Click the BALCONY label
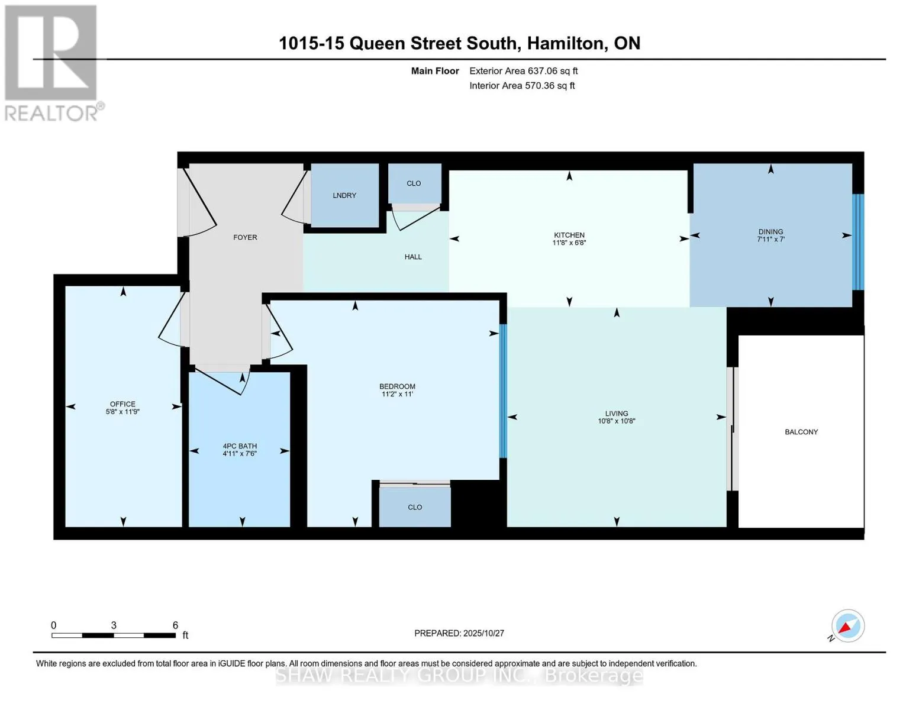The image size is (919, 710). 801,432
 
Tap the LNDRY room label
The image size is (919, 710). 344,195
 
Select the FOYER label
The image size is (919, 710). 245,237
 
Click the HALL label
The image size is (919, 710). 413,257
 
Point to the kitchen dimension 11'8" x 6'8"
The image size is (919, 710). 569,243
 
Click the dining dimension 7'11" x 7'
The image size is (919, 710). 770,240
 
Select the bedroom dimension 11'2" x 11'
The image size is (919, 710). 397,394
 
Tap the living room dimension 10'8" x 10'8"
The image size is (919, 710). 616,421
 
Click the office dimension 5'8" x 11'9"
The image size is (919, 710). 122,412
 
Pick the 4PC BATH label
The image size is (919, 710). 240,446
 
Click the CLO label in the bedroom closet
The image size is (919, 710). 415,507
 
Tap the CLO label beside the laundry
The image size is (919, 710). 414,183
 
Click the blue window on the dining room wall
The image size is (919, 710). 857,242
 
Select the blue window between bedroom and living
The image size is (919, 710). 503,391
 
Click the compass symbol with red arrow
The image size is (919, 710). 847,626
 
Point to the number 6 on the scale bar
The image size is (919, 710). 175,625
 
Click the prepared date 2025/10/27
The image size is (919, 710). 483,633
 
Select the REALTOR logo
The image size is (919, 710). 52,63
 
